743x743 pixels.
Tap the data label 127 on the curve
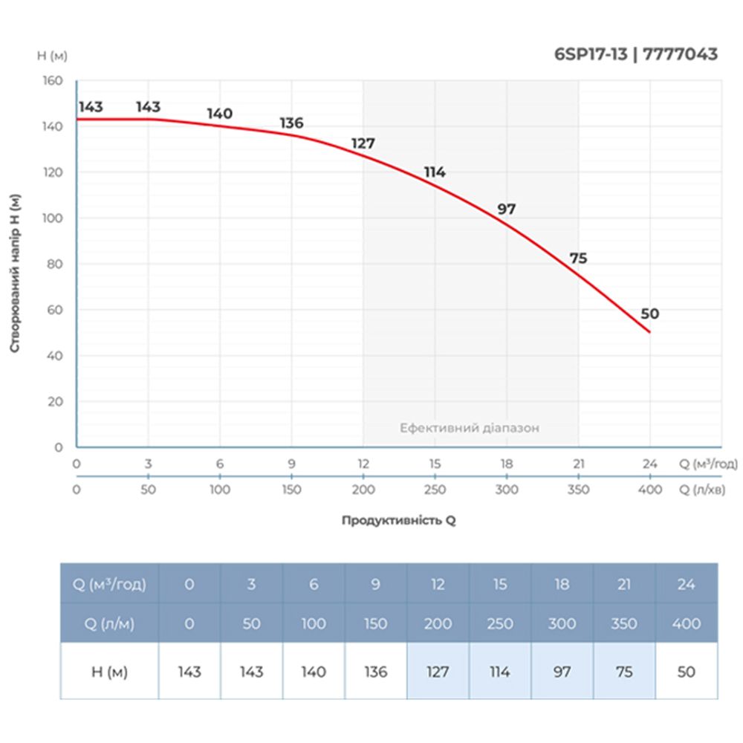pos(363,143)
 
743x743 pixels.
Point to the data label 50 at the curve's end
pos(649,314)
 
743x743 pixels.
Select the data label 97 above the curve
pos(507,210)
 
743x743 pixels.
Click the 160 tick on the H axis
pos(53,80)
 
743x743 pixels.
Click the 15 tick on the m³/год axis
pos(435,464)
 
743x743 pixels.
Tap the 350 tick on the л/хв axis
pos(578,490)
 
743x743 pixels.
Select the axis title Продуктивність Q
pos(399,521)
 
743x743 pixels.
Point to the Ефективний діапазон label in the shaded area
pos(470,428)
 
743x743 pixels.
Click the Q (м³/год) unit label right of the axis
pos(708,464)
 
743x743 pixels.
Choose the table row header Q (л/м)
pos(109,624)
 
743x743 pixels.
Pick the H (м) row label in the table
pos(109,672)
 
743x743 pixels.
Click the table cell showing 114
pos(500,672)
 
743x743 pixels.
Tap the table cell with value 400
pos(687,624)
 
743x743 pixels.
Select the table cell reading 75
pos(624,672)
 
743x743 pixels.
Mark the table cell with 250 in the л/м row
pos(500,624)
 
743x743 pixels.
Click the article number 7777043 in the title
pos(681,54)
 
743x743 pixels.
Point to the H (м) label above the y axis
pos(51,56)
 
